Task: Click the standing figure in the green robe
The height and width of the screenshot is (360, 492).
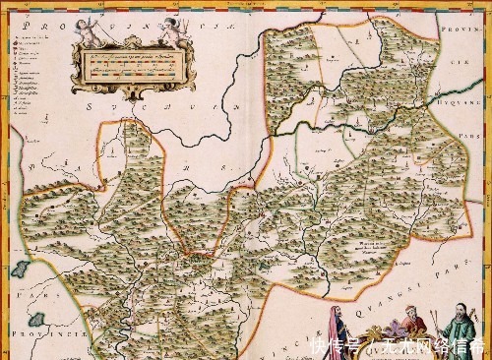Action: [460, 329]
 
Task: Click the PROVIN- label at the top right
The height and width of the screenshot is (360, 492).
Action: [463, 43]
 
